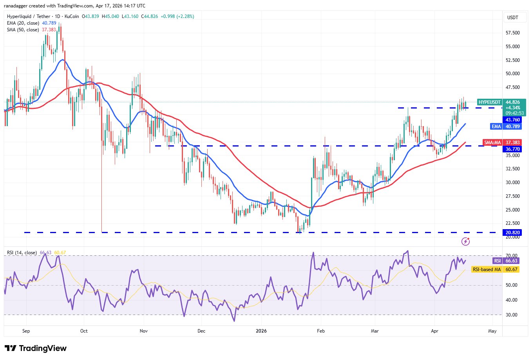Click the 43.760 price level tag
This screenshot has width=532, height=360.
point(512,120)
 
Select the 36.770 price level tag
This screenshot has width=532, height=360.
point(512,149)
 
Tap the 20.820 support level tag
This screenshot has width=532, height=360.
point(512,233)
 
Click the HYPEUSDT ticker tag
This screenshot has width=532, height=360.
point(489,102)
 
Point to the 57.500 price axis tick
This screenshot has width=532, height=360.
point(512,33)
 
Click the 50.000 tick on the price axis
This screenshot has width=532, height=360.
point(512,74)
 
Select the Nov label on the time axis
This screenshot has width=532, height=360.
point(144,331)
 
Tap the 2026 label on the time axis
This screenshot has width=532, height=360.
point(261,331)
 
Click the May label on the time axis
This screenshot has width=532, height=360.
point(492,331)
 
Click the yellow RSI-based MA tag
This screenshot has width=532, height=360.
point(487,270)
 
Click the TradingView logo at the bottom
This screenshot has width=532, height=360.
point(36,348)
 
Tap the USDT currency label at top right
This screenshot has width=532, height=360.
point(512,18)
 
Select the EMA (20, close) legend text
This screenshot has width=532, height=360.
point(23,23)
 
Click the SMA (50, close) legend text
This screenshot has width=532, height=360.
point(23,30)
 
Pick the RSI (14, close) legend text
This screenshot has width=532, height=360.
point(22,253)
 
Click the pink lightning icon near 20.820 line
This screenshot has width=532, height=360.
point(465,241)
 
